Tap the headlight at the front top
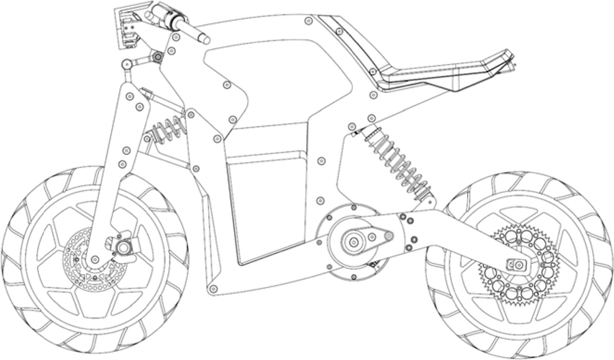[126, 27]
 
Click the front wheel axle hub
[124, 244]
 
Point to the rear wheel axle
[516, 264]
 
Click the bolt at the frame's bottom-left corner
[213, 290]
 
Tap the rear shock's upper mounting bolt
[351, 127]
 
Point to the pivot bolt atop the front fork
[126, 65]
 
